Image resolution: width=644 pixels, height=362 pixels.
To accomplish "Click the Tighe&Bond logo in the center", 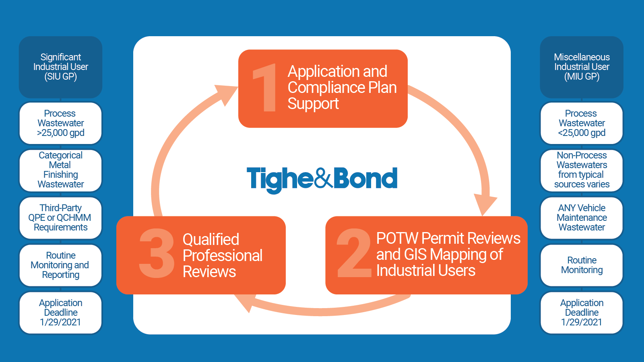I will (322, 179).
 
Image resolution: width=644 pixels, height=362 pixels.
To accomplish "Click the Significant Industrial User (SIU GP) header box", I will (60, 67).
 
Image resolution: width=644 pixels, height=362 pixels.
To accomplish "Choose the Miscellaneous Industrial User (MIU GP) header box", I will (582, 67).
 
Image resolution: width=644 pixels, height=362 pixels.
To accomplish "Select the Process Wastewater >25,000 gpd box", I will (60, 123).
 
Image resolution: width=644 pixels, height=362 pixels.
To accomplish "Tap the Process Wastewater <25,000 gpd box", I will (582, 123).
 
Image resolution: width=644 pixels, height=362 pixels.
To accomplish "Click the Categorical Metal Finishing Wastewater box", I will (60, 170).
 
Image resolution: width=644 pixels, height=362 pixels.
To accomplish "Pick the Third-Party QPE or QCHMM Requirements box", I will (60, 218).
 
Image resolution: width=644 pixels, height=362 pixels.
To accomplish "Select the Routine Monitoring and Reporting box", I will (60, 265).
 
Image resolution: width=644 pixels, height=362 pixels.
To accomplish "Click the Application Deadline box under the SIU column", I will (60, 313).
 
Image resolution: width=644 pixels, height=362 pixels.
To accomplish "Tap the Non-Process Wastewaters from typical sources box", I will (582, 170).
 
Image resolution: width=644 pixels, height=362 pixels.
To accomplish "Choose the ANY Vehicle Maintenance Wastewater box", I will (582, 218).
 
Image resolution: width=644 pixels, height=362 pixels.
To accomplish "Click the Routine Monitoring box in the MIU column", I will (582, 265).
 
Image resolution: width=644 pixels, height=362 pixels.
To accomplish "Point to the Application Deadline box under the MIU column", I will (582, 313).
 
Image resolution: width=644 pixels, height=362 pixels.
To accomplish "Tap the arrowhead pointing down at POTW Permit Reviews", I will (485, 203).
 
